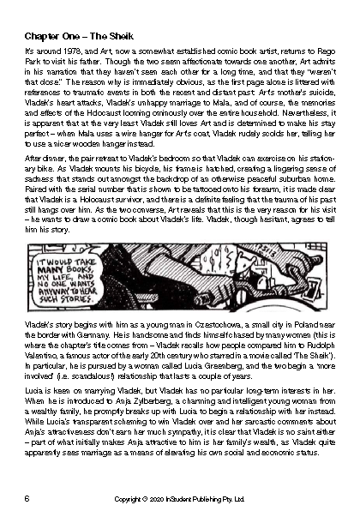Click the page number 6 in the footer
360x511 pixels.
coord(28,497)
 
